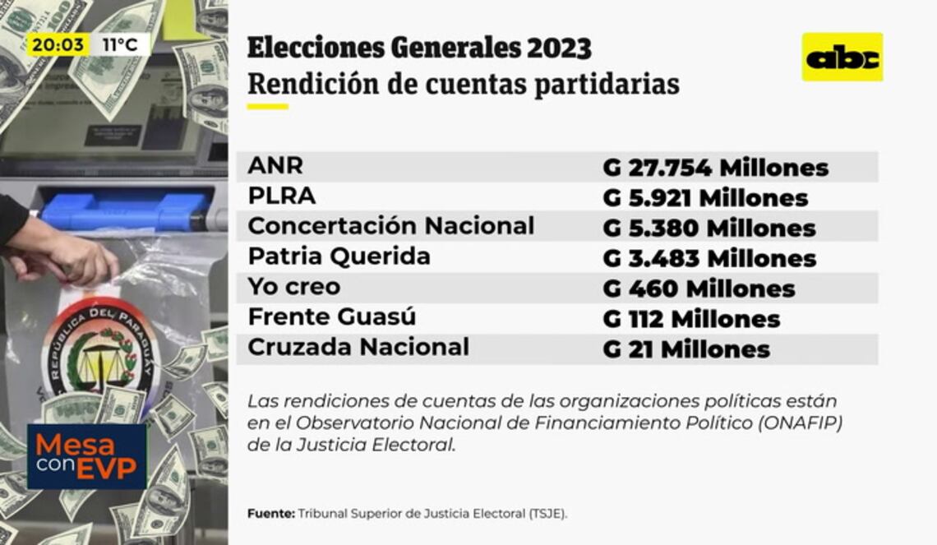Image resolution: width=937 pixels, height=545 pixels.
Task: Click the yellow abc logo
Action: click(x=842, y=57)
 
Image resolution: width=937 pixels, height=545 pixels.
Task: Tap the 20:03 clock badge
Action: click(x=58, y=44)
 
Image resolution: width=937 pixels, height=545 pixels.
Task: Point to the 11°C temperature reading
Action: click(x=120, y=44)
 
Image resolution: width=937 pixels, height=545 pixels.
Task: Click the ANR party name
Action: click(x=275, y=165)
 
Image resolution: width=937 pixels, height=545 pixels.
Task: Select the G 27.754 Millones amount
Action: click(x=715, y=168)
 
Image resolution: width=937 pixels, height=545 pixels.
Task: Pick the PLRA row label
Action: click(x=282, y=196)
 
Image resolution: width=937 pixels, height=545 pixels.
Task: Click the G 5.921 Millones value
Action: click(x=705, y=198)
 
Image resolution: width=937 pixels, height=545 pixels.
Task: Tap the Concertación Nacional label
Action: click(x=390, y=226)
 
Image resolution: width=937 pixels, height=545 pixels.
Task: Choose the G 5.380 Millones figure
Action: click(x=709, y=229)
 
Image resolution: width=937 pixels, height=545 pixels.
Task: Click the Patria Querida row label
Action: click(x=339, y=256)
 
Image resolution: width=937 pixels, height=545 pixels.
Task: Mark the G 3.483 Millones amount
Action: click(x=709, y=259)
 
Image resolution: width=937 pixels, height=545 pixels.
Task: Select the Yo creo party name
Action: click(x=293, y=288)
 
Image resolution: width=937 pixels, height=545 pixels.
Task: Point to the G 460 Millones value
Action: click(x=699, y=289)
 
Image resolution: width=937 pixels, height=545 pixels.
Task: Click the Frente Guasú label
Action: click(x=331, y=317)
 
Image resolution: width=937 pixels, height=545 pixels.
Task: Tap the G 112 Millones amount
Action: click(x=691, y=319)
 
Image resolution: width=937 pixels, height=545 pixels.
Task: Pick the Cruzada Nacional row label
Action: click(x=358, y=347)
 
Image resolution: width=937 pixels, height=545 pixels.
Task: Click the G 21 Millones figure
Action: click(x=686, y=349)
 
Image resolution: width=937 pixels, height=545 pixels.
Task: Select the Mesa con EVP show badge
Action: click(x=86, y=456)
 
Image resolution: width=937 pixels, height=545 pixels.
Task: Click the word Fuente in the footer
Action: click(x=270, y=514)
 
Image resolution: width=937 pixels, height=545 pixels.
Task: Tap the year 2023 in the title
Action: click(x=558, y=48)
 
